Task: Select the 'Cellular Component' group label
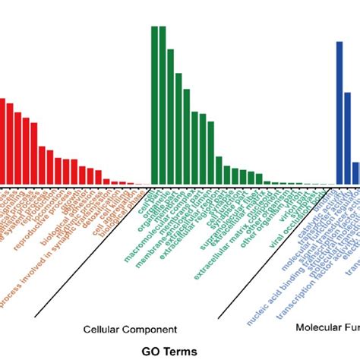(x=130, y=329)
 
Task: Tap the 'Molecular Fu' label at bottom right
(x=327, y=328)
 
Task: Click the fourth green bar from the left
(x=178, y=128)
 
